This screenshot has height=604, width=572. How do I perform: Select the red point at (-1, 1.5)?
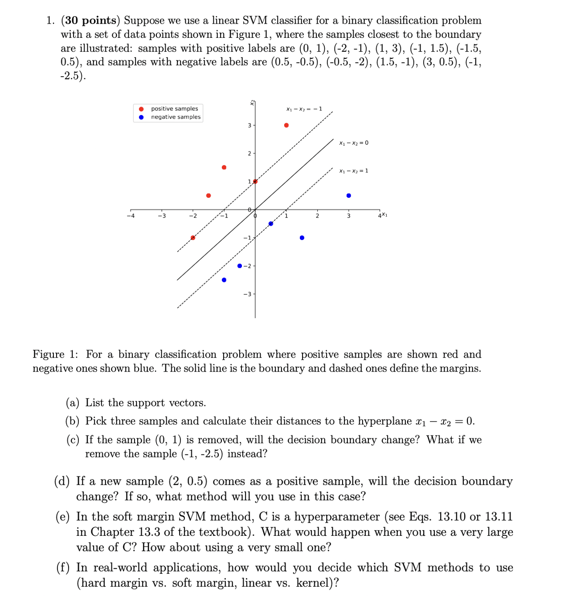224,167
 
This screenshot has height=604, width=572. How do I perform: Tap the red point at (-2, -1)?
193,238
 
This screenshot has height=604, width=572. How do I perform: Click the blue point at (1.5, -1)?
302,238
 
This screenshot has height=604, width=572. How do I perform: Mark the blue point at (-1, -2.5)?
224,280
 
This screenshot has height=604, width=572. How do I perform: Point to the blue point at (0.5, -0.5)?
271,224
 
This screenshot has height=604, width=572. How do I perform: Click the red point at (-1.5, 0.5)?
208,196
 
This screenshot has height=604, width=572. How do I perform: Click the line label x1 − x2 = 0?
354,143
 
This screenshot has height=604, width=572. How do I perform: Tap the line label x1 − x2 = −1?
304,109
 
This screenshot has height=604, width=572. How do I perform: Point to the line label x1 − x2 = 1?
354,171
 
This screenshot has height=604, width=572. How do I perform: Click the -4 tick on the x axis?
130,216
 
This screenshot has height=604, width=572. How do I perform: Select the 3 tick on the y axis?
249,125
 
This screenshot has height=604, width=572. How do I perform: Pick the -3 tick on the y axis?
247,294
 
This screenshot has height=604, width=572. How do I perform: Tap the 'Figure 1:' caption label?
55,355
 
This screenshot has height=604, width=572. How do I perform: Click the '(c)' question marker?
73,440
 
